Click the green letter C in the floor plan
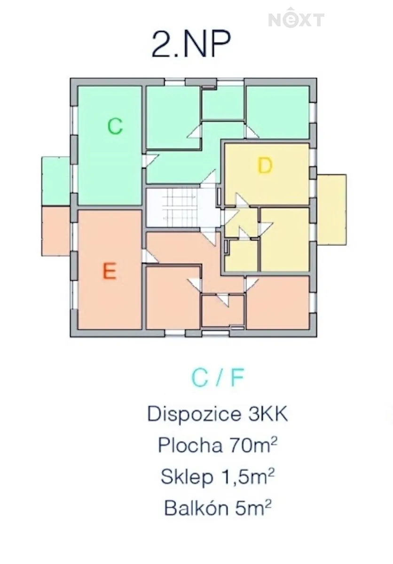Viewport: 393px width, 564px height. pyautogui.click(x=115, y=126)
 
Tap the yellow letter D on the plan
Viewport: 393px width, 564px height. pyautogui.click(x=265, y=165)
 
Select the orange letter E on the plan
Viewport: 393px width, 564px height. pyautogui.click(x=110, y=271)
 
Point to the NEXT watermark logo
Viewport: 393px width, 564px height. pyautogui.click(x=296, y=18)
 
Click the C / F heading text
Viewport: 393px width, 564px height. pyautogui.click(x=218, y=378)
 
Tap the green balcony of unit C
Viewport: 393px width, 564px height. pyautogui.click(x=55, y=181)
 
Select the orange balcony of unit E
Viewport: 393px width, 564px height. pyautogui.click(x=55, y=231)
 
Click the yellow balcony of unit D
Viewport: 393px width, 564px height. pyautogui.click(x=331, y=209)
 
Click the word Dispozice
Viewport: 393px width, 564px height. pyautogui.click(x=194, y=415)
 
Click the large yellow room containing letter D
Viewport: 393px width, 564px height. pyautogui.click(x=267, y=174)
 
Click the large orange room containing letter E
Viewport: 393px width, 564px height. pyautogui.click(x=110, y=270)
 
